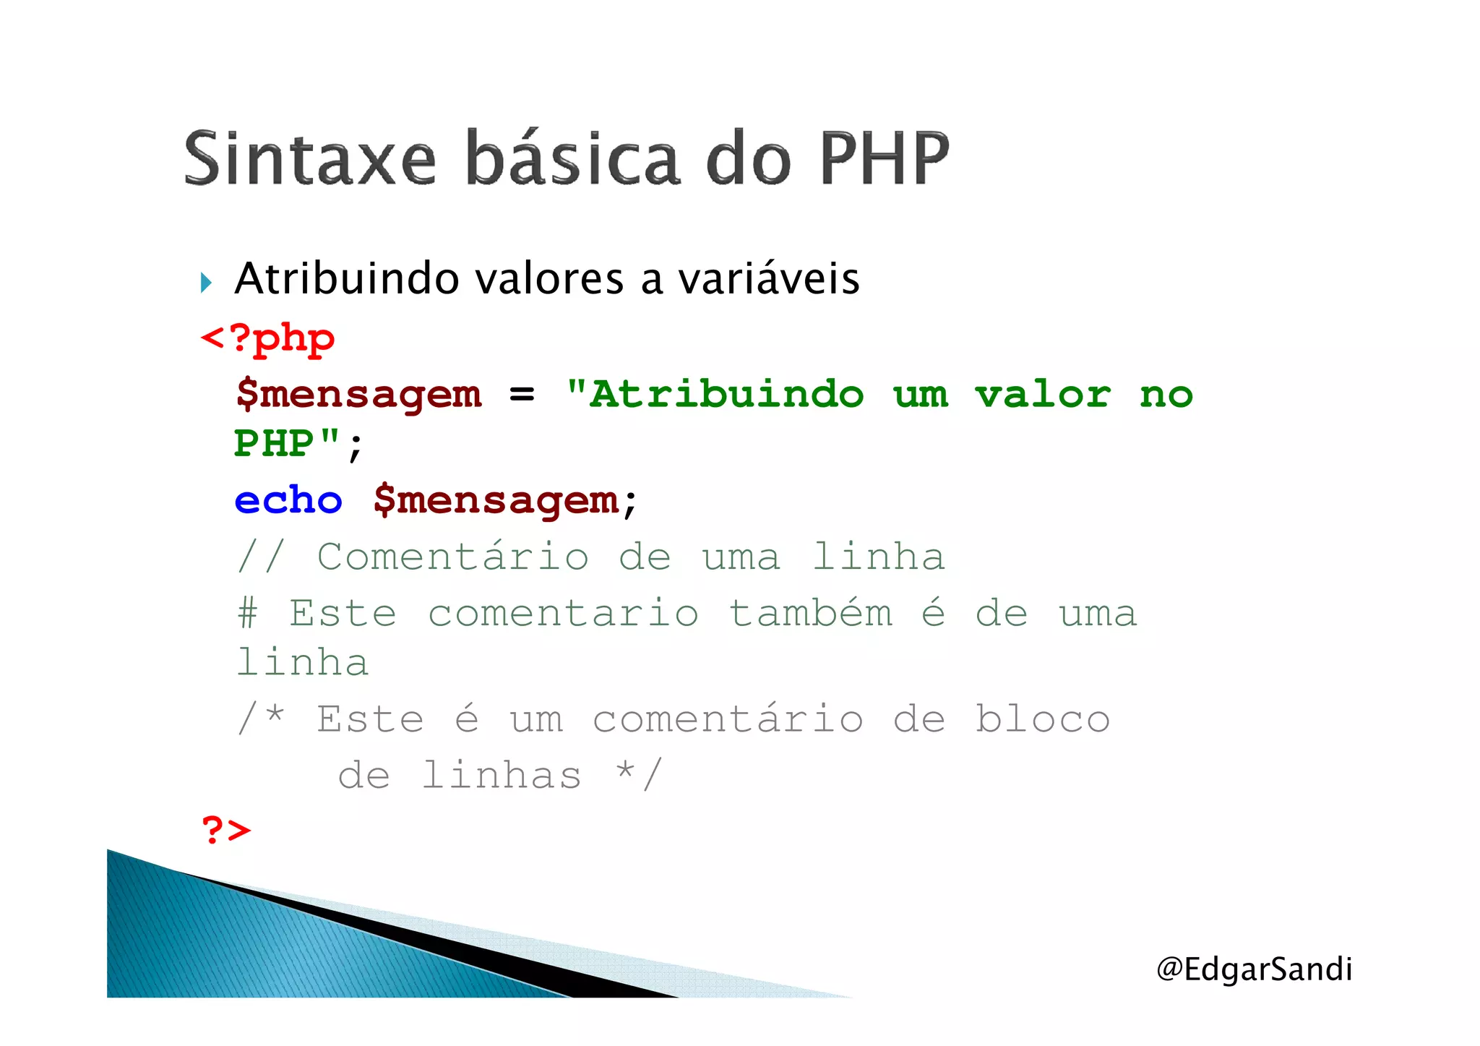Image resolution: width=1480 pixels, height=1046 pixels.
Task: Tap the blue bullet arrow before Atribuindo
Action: (x=206, y=282)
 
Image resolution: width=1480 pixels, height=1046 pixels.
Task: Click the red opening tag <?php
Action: (x=267, y=338)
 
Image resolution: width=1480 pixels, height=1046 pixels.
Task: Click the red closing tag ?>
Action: (x=225, y=829)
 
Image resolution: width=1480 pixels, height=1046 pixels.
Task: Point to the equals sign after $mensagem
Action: (x=522, y=395)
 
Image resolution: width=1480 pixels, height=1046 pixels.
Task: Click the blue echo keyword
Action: (x=288, y=500)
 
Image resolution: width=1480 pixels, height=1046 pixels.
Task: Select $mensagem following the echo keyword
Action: (x=496, y=500)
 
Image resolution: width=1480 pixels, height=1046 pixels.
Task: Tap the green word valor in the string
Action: (x=1042, y=395)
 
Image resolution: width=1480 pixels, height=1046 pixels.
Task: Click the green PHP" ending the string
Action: (x=286, y=443)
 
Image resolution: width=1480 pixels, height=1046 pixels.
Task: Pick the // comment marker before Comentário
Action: (x=260, y=557)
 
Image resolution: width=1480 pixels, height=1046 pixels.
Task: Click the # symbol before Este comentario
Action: (x=247, y=614)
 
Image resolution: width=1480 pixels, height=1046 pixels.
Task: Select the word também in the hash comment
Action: (x=810, y=614)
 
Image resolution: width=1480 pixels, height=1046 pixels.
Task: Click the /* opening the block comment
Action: (x=260, y=719)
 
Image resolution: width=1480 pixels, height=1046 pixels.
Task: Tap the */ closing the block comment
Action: (x=637, y=774)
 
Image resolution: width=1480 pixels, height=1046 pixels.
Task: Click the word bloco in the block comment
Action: (x=1042, y=719)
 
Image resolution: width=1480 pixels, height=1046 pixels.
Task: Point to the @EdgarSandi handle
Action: (x=1254, y=969)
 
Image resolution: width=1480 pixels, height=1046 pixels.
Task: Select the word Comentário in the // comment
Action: (x=453, y=557)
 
